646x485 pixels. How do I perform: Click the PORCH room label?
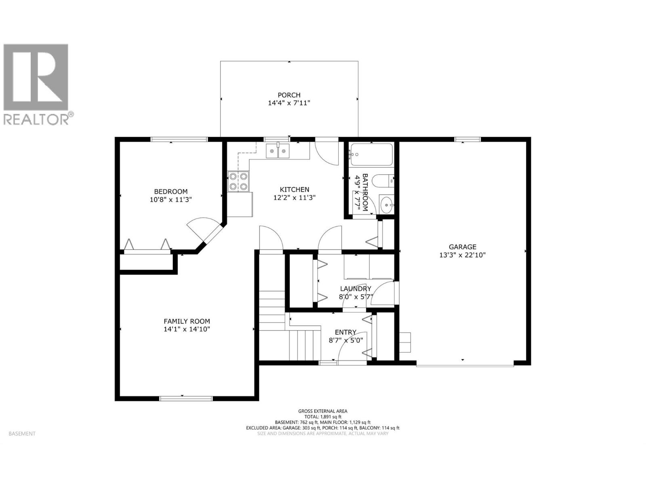pos(289,95)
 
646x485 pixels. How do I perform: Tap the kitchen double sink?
pos(278,152)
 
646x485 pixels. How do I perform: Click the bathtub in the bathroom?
pos(371,154)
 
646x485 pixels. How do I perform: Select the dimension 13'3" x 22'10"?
pos(462,255)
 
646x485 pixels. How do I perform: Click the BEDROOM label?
pos(171,192)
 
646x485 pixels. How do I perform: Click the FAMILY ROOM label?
pos(187,321)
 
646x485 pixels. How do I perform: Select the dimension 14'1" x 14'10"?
pos(187,329)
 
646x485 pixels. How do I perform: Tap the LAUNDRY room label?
pos(355,289)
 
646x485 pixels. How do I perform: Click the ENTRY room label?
pos(345,332)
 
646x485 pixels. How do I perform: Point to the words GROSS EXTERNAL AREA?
pos(323,411)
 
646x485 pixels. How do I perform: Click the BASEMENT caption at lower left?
pos(22,434)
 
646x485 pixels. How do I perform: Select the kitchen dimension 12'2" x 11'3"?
pos(294,198)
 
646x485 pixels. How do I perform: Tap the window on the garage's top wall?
pos(468,139)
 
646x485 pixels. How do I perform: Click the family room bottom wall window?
pos(186,399)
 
